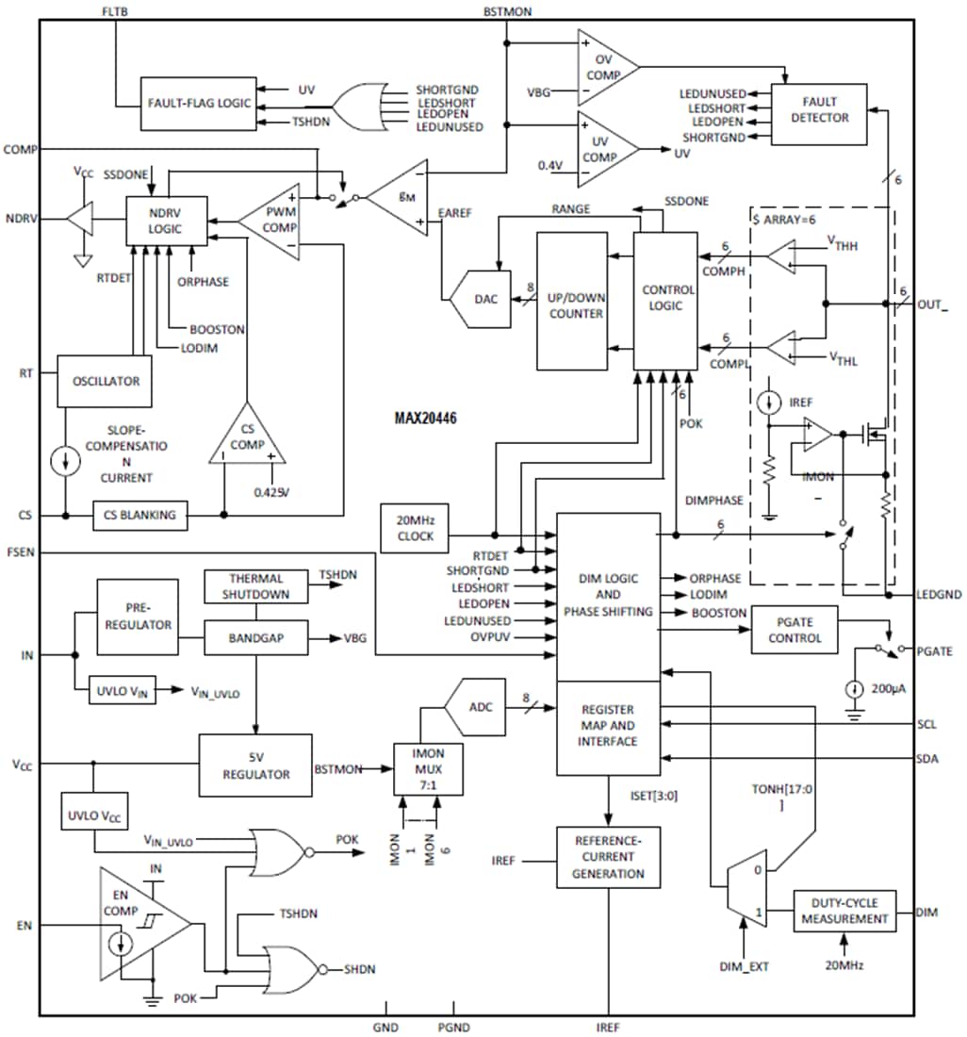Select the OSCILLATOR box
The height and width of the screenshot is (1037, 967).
(106, 381)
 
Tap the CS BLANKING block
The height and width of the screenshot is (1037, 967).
(140, 515)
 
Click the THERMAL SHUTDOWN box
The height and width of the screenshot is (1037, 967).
(256, 586)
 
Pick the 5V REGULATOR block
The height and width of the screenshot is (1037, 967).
(255, 765)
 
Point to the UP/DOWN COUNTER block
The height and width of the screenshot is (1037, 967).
(572, 301)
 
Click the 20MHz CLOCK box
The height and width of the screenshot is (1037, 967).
(416, 528)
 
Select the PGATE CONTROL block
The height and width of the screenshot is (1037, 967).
(794, 630)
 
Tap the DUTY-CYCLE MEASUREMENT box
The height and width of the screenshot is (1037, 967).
(844, 912)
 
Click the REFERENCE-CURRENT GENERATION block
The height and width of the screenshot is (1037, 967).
(608, 857)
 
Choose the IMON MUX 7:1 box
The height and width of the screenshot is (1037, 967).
(428, 769)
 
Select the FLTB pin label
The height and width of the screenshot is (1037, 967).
(115, 10)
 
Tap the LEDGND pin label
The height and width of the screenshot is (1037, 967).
(938, 595)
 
